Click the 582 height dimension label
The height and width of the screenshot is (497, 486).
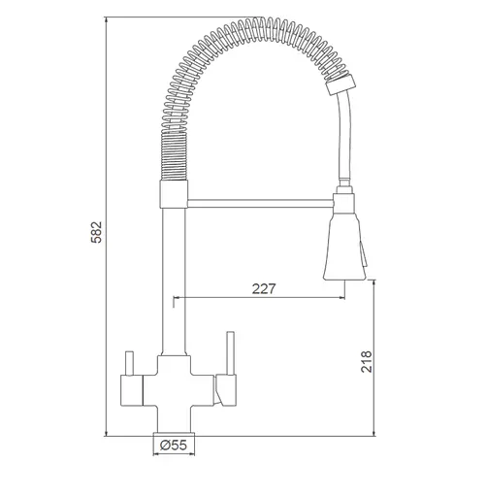coord(96,232)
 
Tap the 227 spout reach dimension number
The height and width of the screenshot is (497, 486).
coord(264,288)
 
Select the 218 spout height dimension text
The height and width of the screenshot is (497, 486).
coord(367,361)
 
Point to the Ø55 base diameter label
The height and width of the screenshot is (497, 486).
coord(174,446)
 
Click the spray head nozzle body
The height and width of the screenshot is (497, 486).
coord(344,248)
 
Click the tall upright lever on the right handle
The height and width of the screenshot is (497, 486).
coord(230,353)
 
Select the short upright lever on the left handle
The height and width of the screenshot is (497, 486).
coord(129,363)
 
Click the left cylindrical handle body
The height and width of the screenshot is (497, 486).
coord(132,390)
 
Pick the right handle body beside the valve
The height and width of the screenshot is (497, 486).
coord(226,390)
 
